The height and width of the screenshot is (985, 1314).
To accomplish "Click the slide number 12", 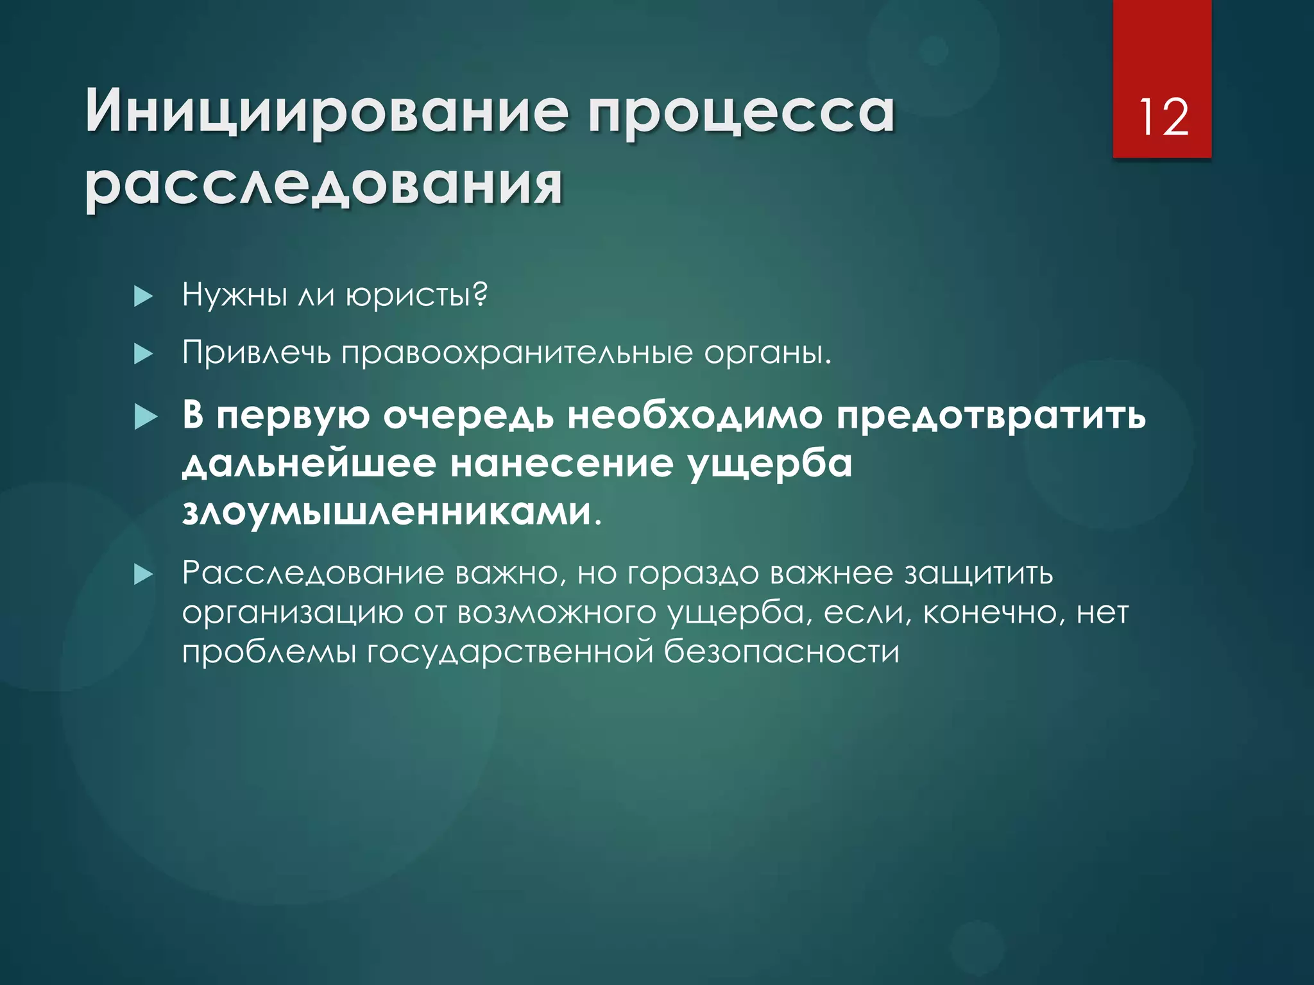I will (x=1163, y=118).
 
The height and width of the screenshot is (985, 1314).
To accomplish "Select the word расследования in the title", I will (x=324, y=185).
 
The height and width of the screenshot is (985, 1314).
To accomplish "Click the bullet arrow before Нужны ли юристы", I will (x=144, y=296).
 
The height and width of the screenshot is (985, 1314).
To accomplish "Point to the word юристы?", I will (x=416, y=295).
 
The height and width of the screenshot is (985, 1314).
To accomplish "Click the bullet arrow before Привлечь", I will (x=144, y=353).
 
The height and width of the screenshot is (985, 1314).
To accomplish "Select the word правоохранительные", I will (x=517, y=353).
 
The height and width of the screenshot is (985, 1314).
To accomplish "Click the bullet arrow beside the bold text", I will (x=146, y=417).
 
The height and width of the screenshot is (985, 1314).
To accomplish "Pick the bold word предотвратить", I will (x=991, y=416).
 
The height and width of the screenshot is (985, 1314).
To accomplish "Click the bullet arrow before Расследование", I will (x=144, y=575).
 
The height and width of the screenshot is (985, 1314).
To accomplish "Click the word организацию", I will (x=292, y=613).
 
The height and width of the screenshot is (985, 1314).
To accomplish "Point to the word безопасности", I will (x=781, y=652).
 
